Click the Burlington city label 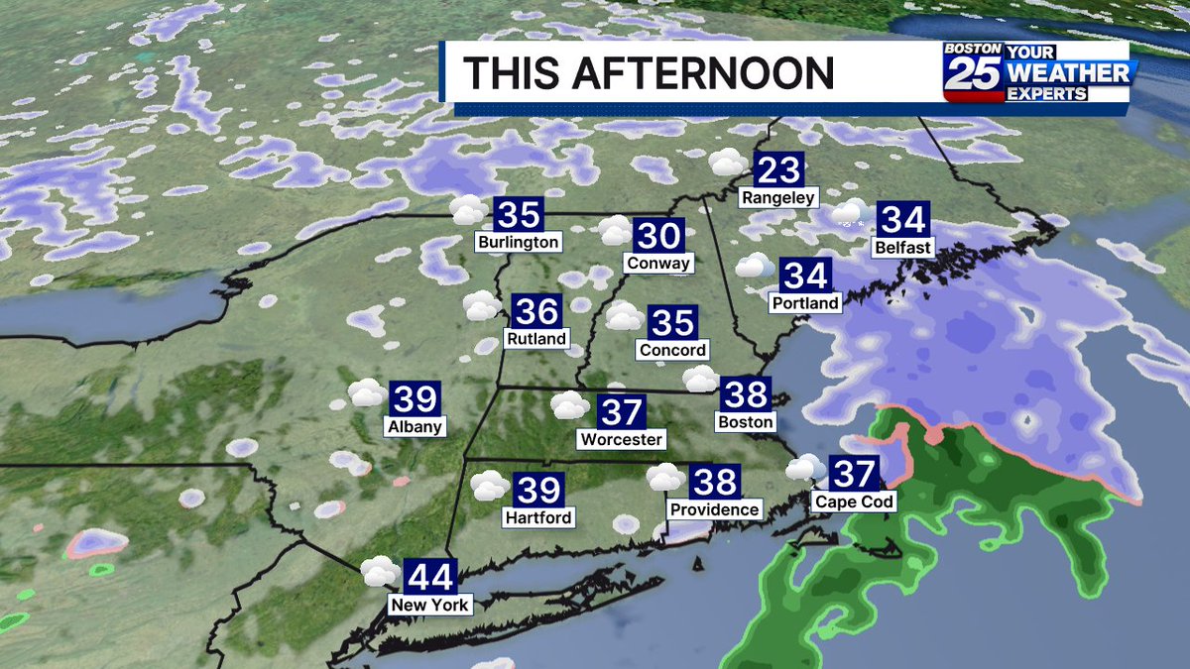(518, 242)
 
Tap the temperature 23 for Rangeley (778, 170)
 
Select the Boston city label (744, 422)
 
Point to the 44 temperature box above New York (430, 576)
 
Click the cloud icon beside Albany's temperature (367, 393)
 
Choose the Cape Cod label (854, 502)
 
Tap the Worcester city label (622, 439)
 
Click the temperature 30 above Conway (658, 236)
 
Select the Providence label (714, 509)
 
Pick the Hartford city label (538, 516)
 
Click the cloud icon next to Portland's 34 (755, 266)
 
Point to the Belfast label (903, 247)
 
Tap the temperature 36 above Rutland (537, 311)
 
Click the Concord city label (672, 350)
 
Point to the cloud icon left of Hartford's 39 (489, 485)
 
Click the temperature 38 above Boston (745, 394)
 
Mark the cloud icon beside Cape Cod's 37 (805, 467)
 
